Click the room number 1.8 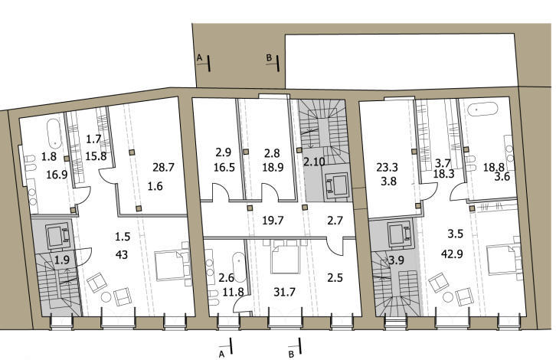pyautogui.click(x=49, y=156)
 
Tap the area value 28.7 pyautogui.click(x=163, y=167)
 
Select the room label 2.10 pyautogui.click(x=314, y=162)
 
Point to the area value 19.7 pyautogui.click(x=273, y=221)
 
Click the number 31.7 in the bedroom pyautogui.click(x=284, y=292)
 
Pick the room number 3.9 pyautogui.click(x=396, y=260)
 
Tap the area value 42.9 pyautogui.click(x=452, y=254)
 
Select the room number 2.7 pyautogui.click(x=335, y=221)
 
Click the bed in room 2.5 pyautogui.click(x=286, y=257)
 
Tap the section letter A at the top pyautogui.click(x=199, y=57)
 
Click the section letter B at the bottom pyautogui.click(x=291, y=354)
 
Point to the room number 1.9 pyautogui.click(x=62, y=260)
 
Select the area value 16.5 pyautogui.click(x=224, y=167)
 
